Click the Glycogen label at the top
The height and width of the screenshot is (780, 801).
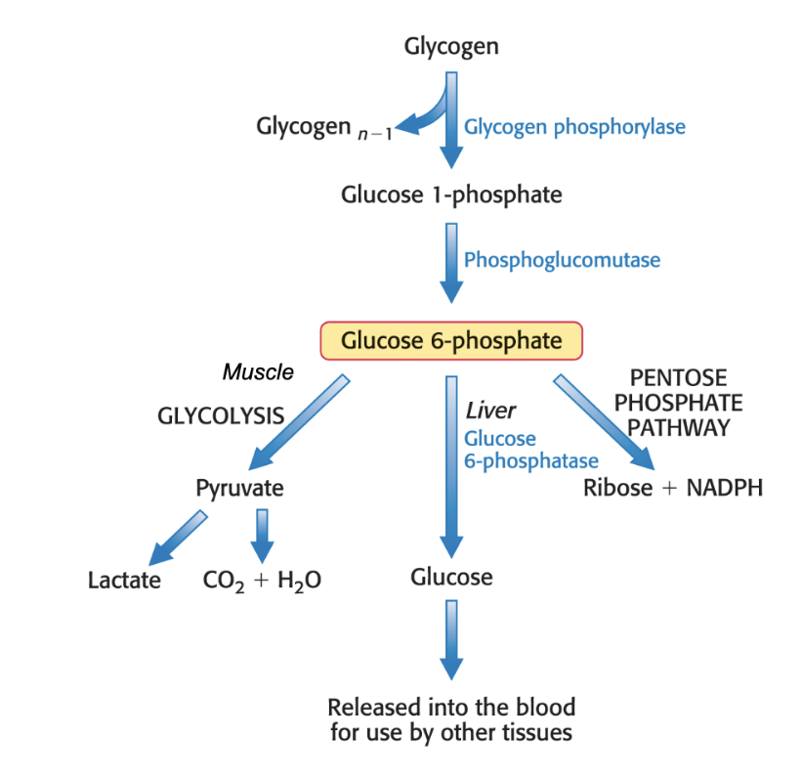point(451,46)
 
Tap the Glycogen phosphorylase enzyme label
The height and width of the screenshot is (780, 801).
point(574,127)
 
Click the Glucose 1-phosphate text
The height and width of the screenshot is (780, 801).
point(451,195)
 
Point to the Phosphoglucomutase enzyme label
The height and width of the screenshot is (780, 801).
point(562,260)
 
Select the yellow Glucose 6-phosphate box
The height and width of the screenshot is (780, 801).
point(451,341)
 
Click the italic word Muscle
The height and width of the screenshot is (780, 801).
point(258,372)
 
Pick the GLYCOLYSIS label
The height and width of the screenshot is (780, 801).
point(221,415)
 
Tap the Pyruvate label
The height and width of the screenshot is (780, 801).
point(240,488)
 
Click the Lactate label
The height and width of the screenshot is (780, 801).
point(124,580)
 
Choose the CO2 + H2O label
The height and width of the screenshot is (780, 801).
point(262,581)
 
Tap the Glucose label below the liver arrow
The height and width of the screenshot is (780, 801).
point(451,577)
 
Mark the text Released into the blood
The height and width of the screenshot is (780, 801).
point(451,707)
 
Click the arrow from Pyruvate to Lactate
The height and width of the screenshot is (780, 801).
point(179,537)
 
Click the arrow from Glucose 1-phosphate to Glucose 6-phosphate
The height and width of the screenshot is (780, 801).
point(451,262)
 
